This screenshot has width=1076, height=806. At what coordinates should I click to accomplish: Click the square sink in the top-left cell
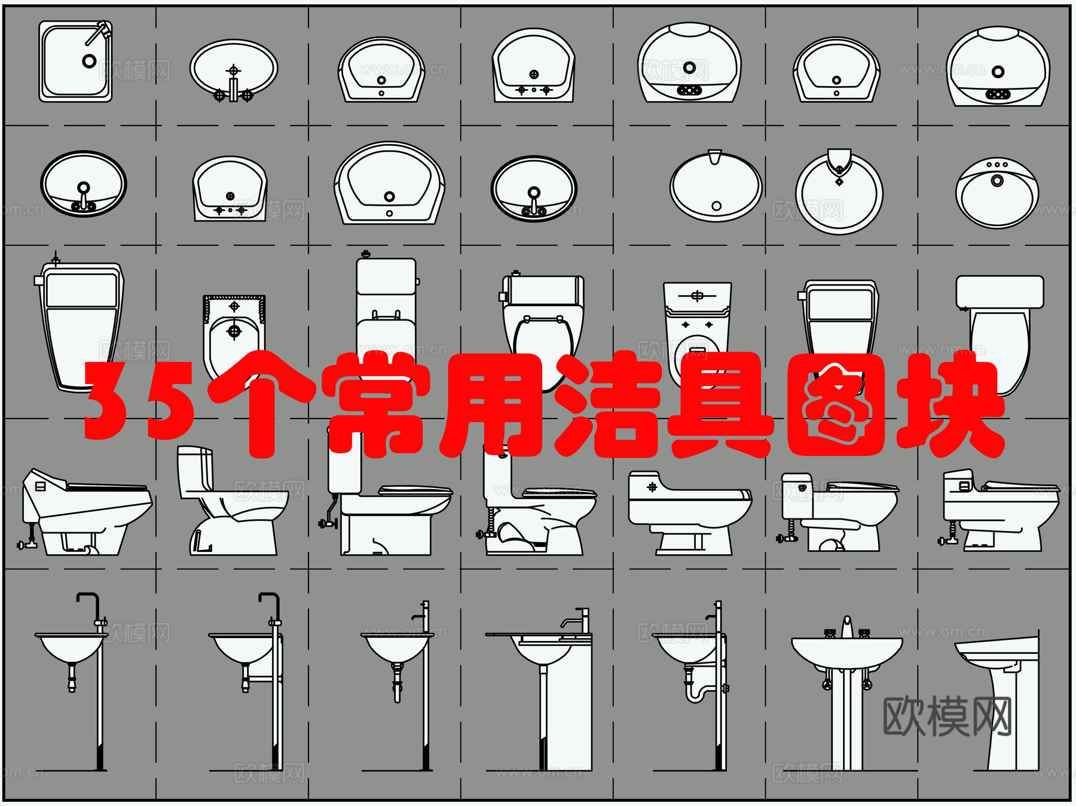coord(75,62)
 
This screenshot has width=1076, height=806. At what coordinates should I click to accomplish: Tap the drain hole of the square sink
coord(89,61)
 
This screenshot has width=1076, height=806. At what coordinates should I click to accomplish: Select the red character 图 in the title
coord(835,405)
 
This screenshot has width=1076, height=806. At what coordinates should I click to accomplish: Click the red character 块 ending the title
coord(950,404)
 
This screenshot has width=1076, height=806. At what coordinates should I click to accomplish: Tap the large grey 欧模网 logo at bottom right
coord(947,716)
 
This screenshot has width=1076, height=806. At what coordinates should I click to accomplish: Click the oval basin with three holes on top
coord(996,193)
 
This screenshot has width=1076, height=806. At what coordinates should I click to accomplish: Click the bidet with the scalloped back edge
coord(234,335)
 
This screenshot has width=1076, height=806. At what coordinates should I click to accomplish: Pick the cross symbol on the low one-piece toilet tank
coord(652,487)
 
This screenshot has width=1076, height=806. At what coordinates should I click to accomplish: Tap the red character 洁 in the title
coord(607,405)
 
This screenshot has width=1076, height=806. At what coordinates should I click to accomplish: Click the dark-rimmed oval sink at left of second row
coord(84,184)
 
